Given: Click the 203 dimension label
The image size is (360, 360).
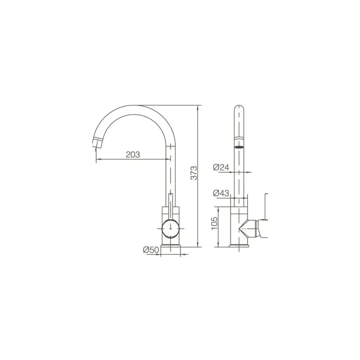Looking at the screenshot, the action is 133,155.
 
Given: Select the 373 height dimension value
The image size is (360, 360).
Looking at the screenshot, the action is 194,173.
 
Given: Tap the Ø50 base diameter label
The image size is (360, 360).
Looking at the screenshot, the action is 151,249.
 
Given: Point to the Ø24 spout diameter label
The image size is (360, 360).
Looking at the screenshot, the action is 221,167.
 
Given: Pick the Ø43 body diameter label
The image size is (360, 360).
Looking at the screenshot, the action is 221,193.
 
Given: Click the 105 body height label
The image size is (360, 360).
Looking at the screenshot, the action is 214,223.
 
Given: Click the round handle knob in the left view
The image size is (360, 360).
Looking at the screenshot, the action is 171,228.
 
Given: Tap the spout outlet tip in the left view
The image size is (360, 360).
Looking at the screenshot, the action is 97,143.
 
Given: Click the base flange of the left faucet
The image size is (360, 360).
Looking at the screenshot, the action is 171,246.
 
